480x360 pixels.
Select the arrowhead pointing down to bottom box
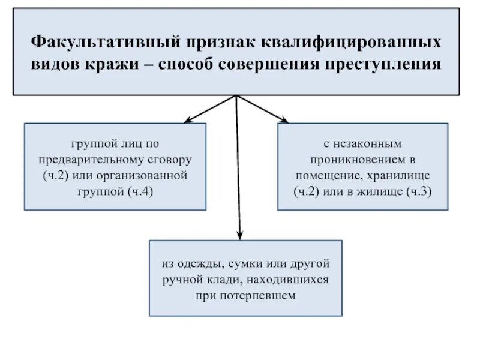(240, 235)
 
